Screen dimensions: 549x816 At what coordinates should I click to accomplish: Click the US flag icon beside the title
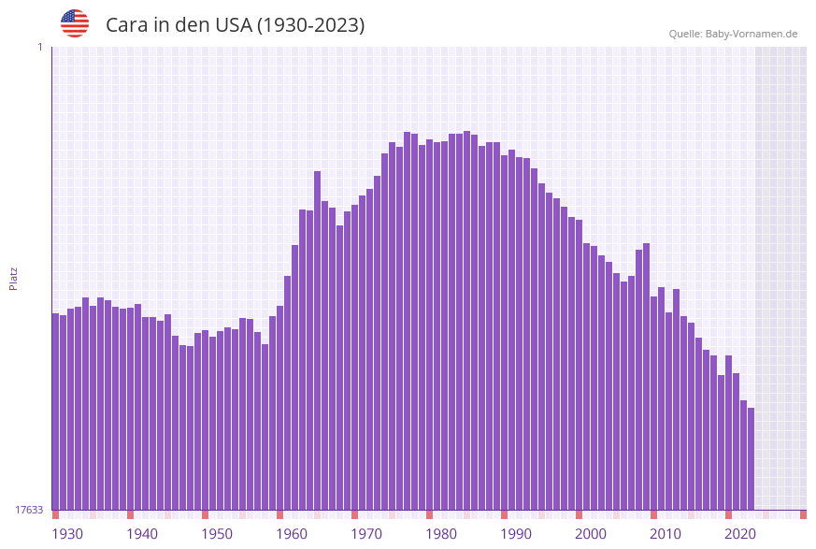[75, 23]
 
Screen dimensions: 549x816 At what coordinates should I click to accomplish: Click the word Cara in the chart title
[126, 25]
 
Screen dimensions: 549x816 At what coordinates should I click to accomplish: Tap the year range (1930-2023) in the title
[310, 25]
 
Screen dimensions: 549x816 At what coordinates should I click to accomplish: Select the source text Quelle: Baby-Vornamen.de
[733, 34]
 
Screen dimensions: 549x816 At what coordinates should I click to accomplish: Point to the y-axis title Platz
[14, 278]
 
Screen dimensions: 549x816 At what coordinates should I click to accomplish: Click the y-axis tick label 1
[39, 47]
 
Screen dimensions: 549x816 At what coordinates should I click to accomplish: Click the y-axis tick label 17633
[29, 510]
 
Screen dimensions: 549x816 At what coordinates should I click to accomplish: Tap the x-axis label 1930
[66, 534]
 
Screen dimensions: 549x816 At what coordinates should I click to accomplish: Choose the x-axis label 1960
[292, 534]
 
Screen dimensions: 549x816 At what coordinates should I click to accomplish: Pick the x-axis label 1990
[516, 534]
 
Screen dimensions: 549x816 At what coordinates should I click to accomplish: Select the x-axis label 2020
[740, 534]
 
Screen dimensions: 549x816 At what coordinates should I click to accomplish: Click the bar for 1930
[55, 412]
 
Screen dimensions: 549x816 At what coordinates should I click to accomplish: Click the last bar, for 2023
[751, 458]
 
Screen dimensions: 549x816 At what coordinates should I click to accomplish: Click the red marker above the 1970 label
[354, 514]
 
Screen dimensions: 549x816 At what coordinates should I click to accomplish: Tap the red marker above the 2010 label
[653, 514]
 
